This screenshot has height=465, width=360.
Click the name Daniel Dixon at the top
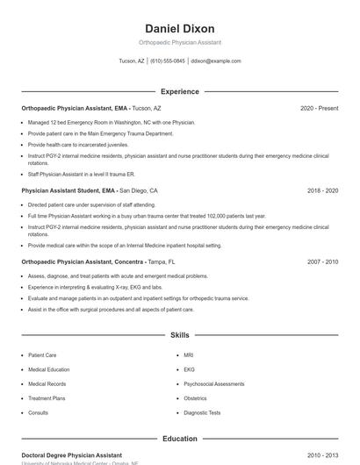pos(180,29)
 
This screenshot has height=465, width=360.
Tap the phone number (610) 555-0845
pos(168,61)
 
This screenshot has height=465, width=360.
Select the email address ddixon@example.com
pos(216,61)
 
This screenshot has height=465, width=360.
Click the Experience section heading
pos(180,91)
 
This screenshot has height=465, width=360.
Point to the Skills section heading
pos(180,335)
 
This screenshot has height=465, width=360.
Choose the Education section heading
pos(180,439)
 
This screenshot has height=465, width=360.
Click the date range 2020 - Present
pos(319,108)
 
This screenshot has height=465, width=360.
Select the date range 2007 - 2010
pos(322,262)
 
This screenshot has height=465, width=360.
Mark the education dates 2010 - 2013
pos(322,456)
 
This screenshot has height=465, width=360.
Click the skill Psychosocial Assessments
pos(214,383)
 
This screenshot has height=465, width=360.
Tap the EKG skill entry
pos(189,369)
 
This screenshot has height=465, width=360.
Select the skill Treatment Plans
pos(47,398)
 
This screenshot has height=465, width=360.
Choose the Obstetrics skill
pos(195,398)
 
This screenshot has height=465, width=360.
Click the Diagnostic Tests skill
pos(202,412)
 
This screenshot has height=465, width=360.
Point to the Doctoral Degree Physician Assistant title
pos(72,456)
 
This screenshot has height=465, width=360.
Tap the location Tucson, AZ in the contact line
pos(132,61)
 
